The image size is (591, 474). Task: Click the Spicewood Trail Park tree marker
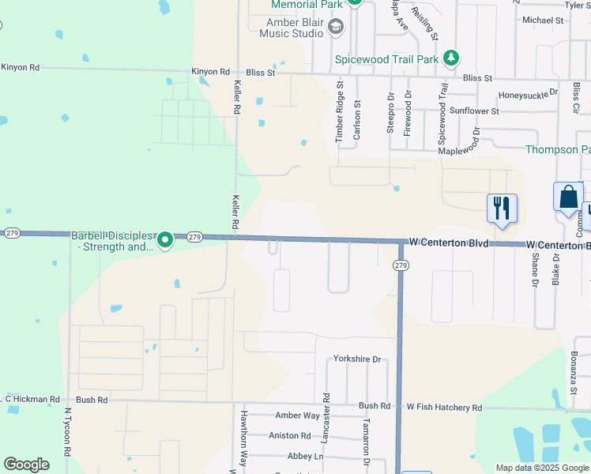pyautogui.click(x=450, y=58)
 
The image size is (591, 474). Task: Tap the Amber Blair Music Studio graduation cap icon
pyautogui.click(x=335, y=28)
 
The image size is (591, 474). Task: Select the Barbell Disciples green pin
pyautogui.click(x=164, y=239)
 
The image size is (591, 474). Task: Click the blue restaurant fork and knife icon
pyautogui.click(x=502, y=209)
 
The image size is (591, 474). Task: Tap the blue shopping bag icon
pyautogui.click(x=569, y=197)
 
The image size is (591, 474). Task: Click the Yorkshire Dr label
pyautogui.click(x=357, y=359)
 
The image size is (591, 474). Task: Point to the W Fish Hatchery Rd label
pyautogui.click(x=444, y=407)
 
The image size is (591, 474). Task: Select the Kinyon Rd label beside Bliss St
pyautogui.click(x=210, y=72)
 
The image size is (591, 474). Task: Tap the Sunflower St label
pyautogui.click(x=475, y=111)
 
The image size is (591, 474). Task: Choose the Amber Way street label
pyautogui.click(x=297, y=416)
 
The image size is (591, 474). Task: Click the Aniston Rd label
pyautogui.click(x=290, y=435)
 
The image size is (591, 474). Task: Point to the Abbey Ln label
pyautogui.click(x=306, y=456)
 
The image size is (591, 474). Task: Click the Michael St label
pyautogui.click(x=541, y=21)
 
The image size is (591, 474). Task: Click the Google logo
pyautogui.click(x=26, y=465)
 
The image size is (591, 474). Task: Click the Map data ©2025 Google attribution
pyautogui.click(x=541, y=468)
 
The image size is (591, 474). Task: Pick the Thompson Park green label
pyautogui.click(x=558, y=149)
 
